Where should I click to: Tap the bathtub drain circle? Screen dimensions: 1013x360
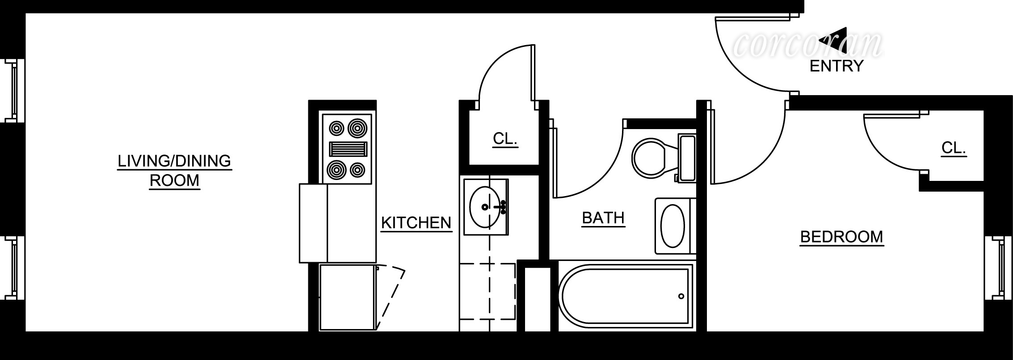click(x=681, y=296)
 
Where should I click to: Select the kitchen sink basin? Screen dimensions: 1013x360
click(x=485, y=207)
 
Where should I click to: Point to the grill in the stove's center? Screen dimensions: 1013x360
click(x=348, y=149)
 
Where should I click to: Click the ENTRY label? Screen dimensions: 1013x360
click(x=836, y=66)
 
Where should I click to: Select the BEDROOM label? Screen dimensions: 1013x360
click(x=841, y=237)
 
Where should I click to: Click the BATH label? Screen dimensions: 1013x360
click(x=603, y=218)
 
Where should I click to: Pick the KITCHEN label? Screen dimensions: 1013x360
click(x=416, y=223)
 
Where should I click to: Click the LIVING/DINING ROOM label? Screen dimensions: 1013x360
click(x=174, y=171)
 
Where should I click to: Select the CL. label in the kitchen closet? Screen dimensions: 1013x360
click(x=505, y=139)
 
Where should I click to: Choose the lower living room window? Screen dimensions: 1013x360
click(x=13, y=268)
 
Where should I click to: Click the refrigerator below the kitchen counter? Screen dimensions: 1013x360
click(x=347, y=297)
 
